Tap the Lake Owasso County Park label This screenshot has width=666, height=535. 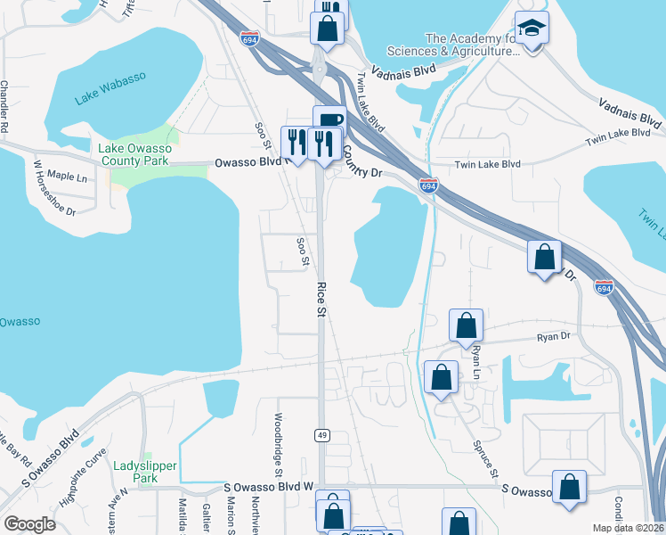134,155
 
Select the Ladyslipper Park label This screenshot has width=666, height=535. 145,472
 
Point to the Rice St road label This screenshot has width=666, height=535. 321,300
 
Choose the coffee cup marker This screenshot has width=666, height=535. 329,121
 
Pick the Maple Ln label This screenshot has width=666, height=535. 68,177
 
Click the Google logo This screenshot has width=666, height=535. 29,524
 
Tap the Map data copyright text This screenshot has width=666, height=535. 628,528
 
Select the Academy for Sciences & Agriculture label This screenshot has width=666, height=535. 472,45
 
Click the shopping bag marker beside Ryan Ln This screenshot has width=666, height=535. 465,326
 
